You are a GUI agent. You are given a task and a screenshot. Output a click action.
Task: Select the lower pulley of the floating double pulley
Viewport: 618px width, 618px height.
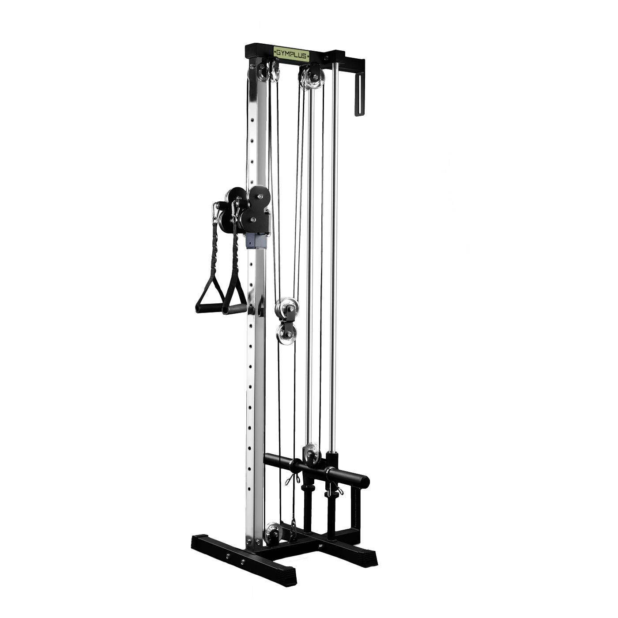[x=286, y=334]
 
